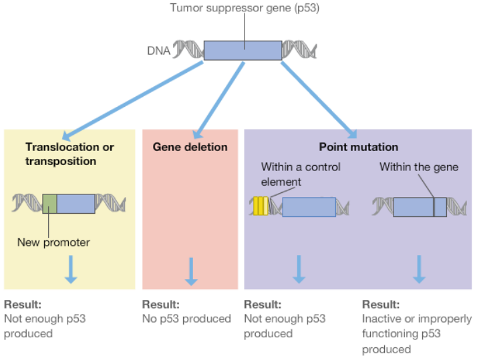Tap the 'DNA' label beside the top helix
158,51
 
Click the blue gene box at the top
243,51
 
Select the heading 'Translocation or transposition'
69,154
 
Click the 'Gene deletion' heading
190,147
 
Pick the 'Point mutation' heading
358,147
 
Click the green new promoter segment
49,203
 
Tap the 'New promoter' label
53,242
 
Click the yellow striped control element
261,206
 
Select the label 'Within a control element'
301,174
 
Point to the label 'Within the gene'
419,167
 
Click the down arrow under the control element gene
299,268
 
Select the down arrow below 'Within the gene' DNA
419,268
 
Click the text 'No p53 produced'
186,319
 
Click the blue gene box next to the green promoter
75,203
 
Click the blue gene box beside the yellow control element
309,206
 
